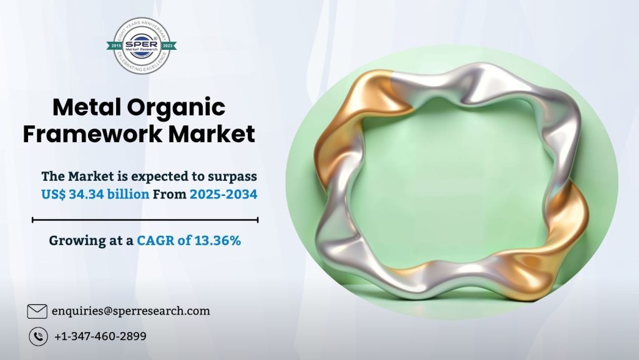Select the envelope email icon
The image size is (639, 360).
coord(37,311)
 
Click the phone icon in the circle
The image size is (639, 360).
coord(38,336)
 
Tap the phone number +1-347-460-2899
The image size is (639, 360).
coord(100,336)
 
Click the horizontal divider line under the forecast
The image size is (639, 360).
coord(145,220)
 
